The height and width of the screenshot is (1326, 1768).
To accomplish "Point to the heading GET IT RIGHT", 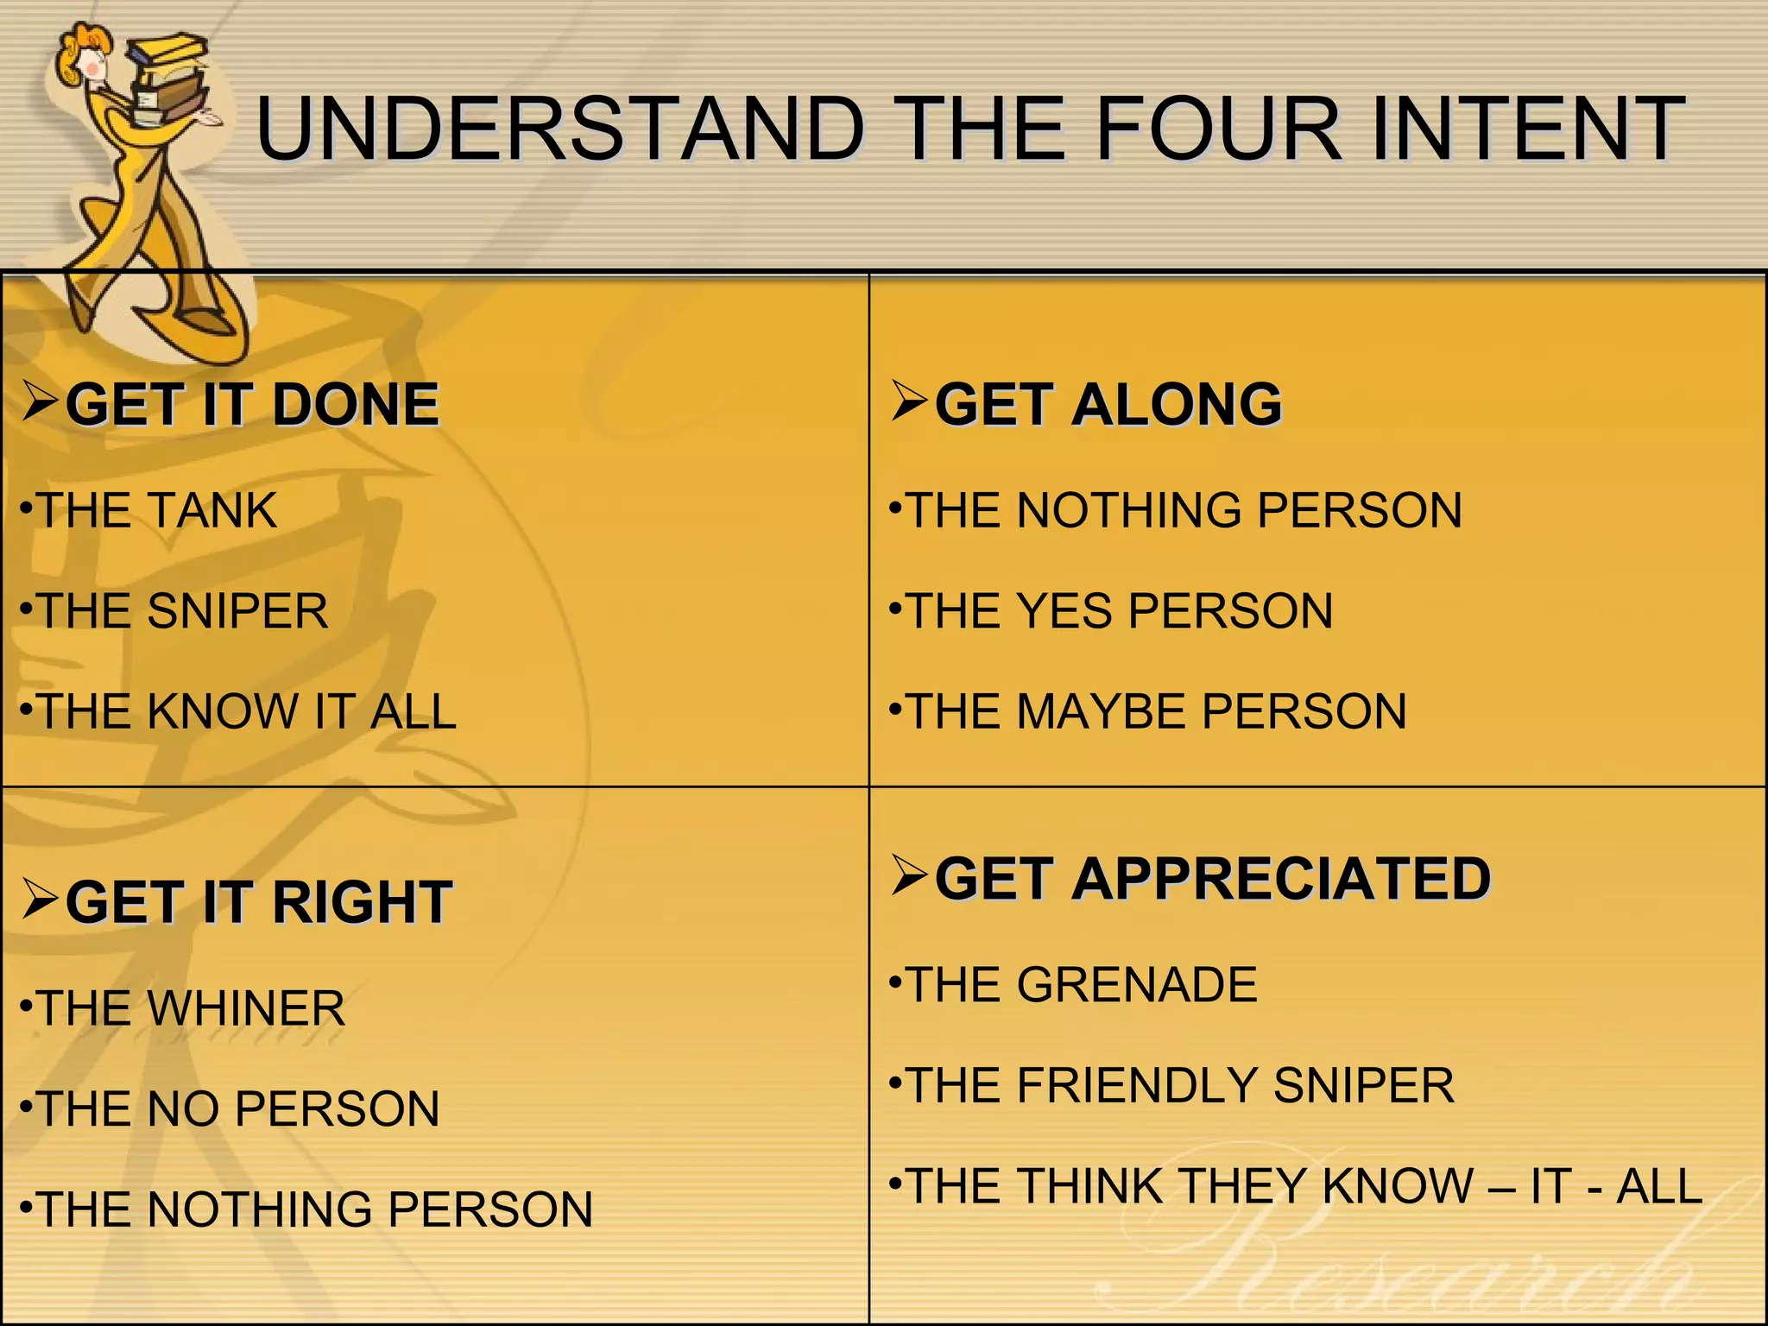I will click(259, 902).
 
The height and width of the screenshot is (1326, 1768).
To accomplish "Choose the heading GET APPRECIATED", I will click(1213, 879).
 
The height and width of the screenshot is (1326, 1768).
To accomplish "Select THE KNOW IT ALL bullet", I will click(247, 711).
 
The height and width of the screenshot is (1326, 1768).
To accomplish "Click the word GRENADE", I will click(1137, 985).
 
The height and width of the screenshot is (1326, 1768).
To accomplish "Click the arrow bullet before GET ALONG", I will click(909, 401).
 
